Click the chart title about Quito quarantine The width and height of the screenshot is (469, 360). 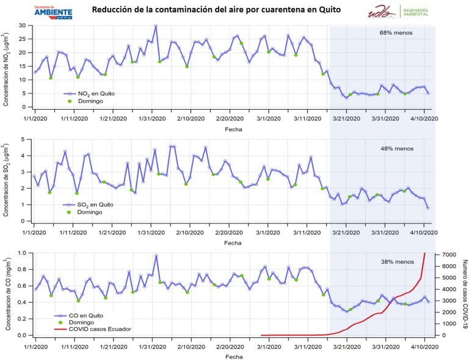(216, 10)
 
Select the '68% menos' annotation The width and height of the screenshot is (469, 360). (397, 34)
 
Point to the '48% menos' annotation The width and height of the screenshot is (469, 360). (397, 148)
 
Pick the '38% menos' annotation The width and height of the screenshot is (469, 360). (397, 262)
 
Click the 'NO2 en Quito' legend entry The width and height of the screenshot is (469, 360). (93, 93)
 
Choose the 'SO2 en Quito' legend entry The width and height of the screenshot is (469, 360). (93, 204)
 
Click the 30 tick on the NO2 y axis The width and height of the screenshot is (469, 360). (22, 26)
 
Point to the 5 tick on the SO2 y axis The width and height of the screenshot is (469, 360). (24, 139)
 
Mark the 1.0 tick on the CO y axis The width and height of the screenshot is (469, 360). (21, 253)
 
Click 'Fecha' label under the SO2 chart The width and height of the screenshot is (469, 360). (233, 242)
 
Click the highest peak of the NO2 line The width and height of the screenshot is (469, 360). (156, 26)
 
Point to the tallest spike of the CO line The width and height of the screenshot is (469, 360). (156, 256)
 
